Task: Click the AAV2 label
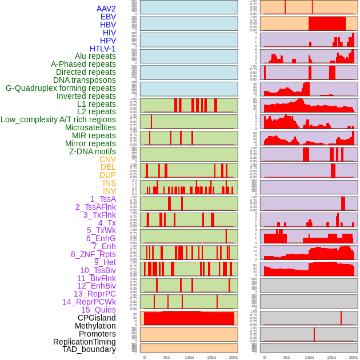[106, 9]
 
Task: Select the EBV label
[108, 17]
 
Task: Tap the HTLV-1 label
[103, 49]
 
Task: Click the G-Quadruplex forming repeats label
[61, 88]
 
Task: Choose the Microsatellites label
[90, 127]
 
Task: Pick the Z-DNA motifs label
[93, 151]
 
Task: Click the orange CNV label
[107, 159]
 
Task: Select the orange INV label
[109, 191]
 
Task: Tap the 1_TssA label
[103, 199]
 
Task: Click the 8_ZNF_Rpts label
[93, 254]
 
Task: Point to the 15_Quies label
[98, 310]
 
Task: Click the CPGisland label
[97, 318]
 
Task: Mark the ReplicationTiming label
[84, 342]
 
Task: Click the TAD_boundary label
[89, 349]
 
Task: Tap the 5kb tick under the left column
[167, 357]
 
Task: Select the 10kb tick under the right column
[309, 357]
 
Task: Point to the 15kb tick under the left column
[211, 357]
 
